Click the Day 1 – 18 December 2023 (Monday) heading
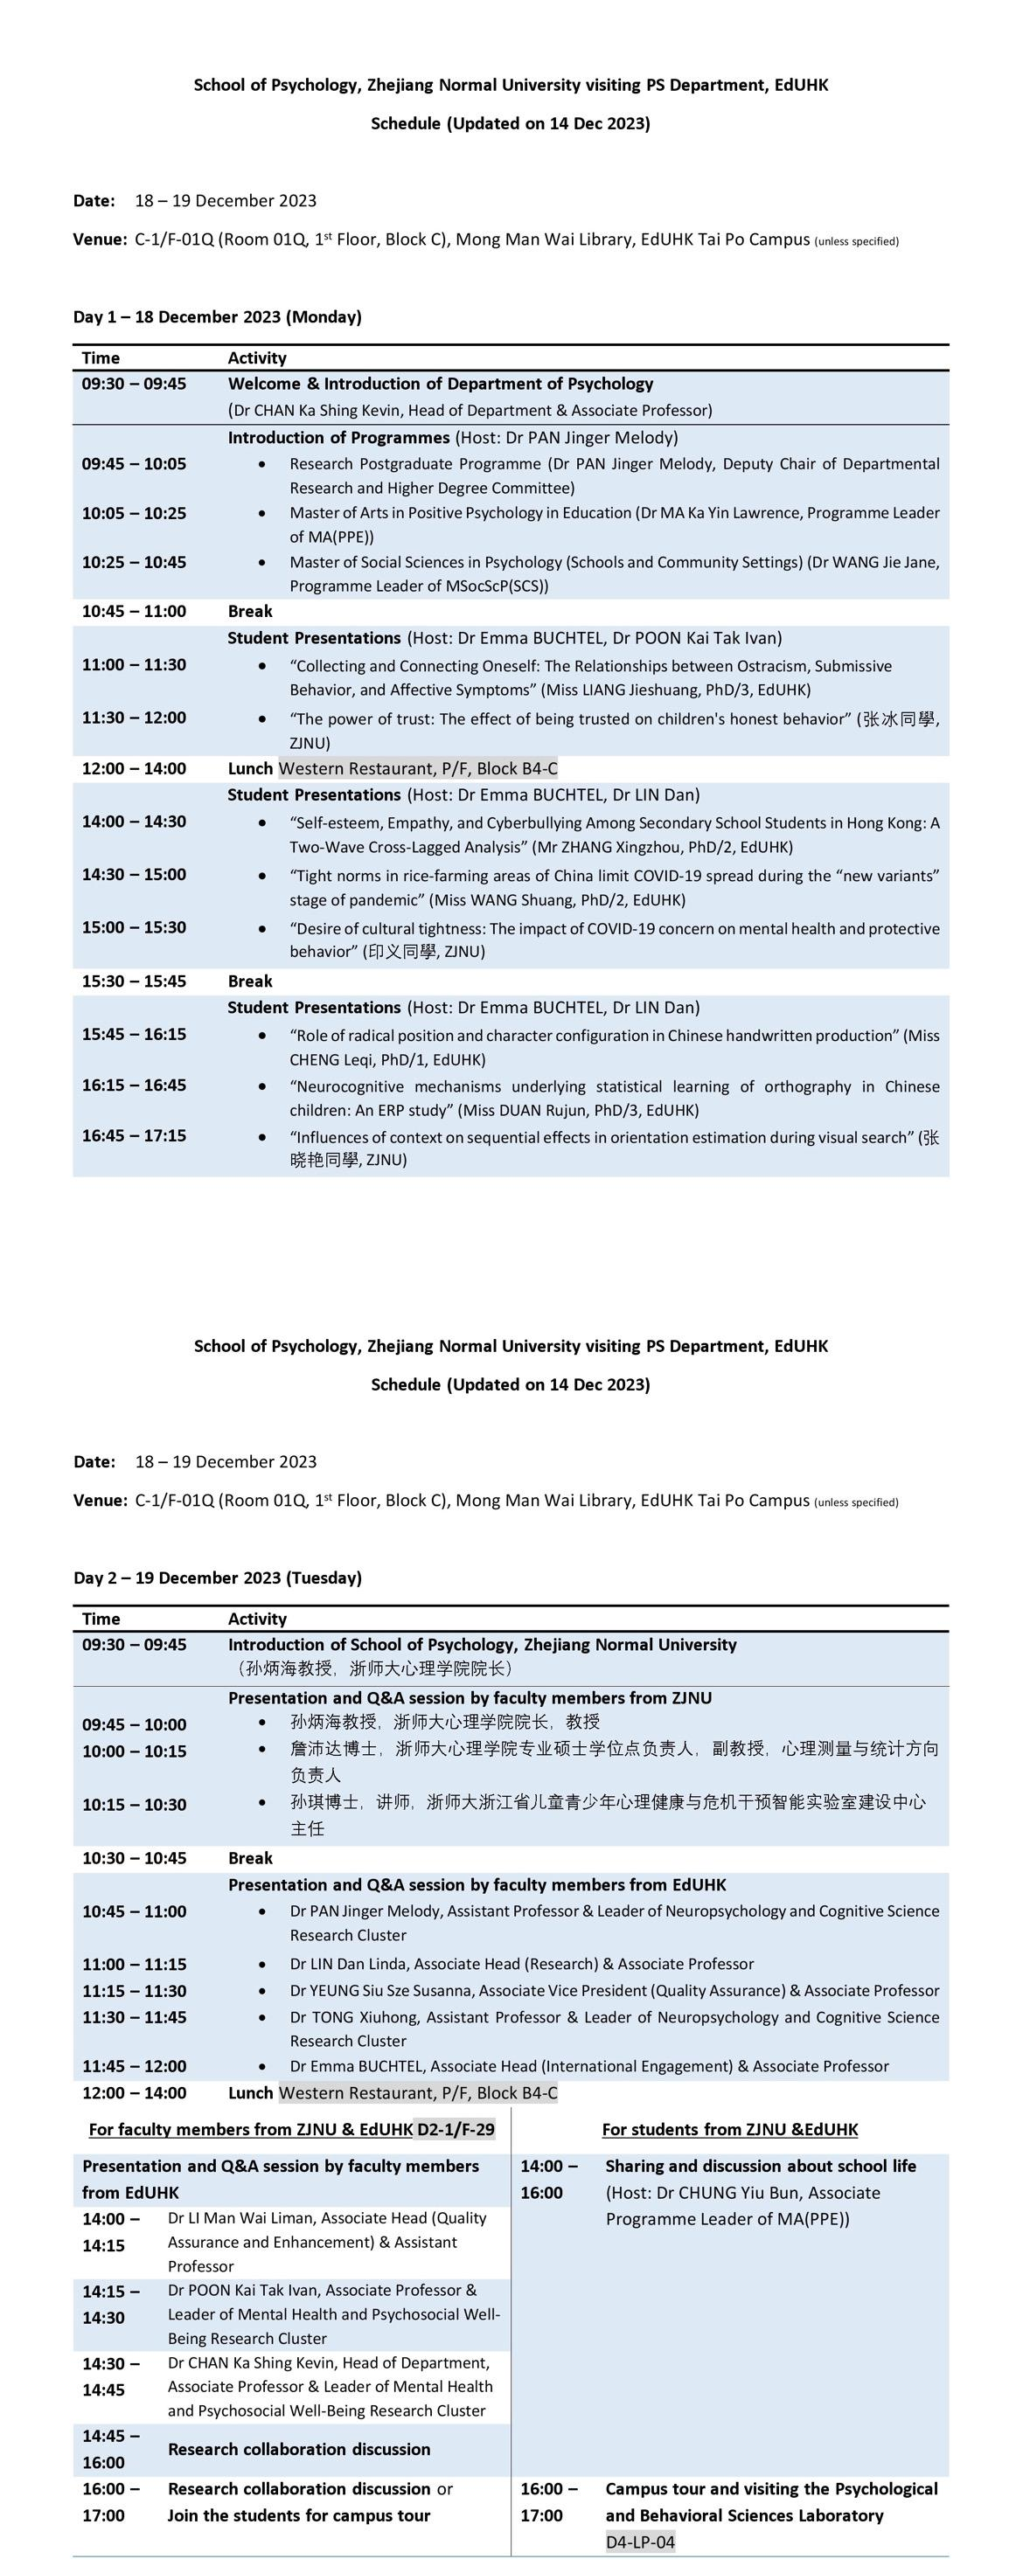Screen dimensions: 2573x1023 pyautogui.click(x=217, y=316)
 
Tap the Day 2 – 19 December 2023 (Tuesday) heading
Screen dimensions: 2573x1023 pyautogui.click(x=217, y=1578)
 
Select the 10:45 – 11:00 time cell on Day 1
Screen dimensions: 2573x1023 pyautogui.click(x=134, y=611)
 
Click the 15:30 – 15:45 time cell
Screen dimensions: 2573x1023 pyautogui.click(x=134, y=981)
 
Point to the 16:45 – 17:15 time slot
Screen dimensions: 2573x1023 pyautogui.click(x=134, y=1134)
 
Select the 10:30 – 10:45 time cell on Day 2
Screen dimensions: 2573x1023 pyautogui.click(x=134, y=1858)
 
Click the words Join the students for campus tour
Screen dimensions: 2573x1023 pyautogui.click(x=299, y=2515)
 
